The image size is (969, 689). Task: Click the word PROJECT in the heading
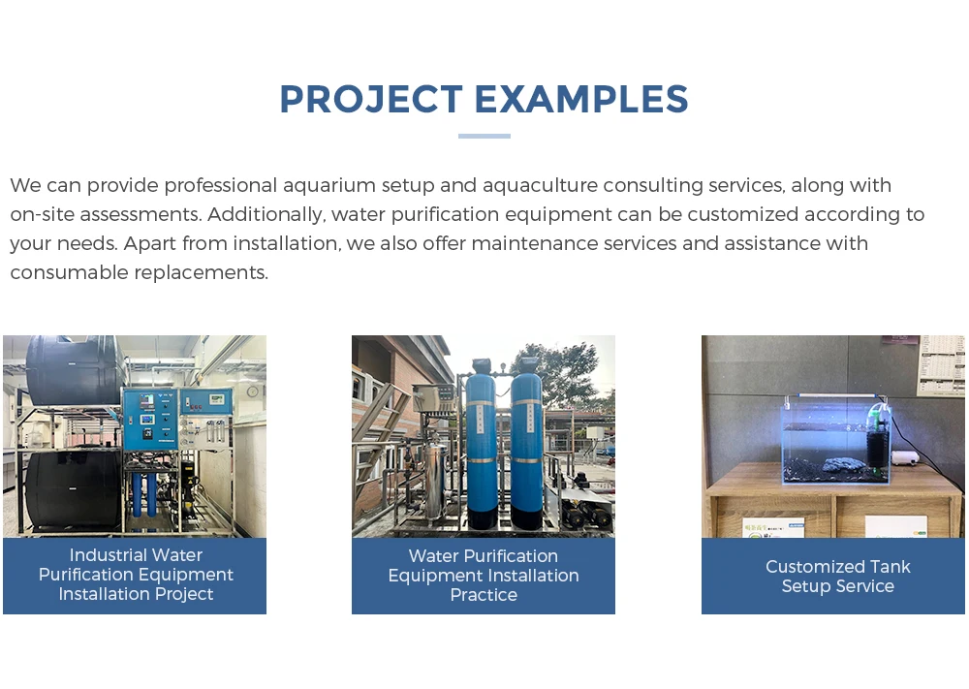(x=371, y=99)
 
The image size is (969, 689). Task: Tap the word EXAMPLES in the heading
(x=580, y=99)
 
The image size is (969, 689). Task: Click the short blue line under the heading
(x=484, y=136)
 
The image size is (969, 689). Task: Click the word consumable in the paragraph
(x=69, y=272)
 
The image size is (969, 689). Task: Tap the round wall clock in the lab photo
(x=253, y=391)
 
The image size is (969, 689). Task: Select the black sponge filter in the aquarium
(x=878, y=446)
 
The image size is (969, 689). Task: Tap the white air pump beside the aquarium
(x=910, y=457)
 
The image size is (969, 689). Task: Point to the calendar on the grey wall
(x=941, y=364)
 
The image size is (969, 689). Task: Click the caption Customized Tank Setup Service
(x=837, y=576)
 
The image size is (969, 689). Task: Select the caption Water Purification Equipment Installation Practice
(x=484, y=576)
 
